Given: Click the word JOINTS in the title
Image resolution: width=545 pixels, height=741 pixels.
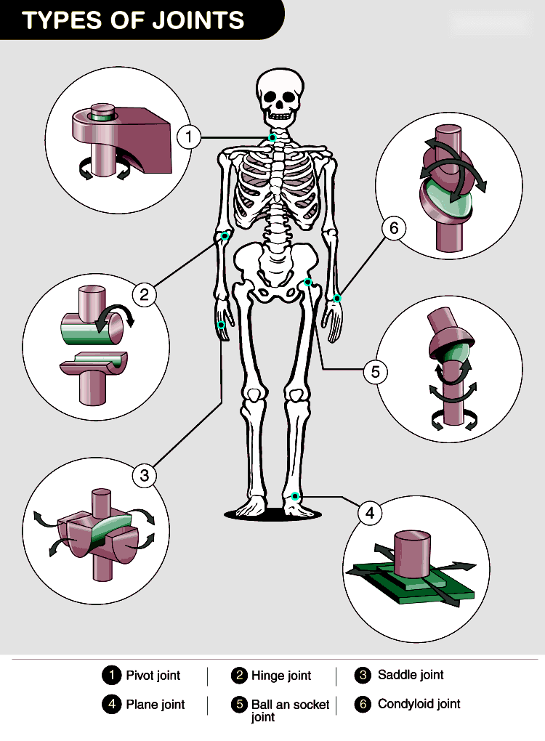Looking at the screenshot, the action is coord(198,20).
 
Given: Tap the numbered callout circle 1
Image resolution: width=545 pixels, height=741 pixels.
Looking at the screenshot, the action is coord(189,137).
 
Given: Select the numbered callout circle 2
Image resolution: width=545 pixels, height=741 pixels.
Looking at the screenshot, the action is coord(144,295).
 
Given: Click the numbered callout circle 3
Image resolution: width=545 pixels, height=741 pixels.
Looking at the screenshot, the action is coord(144,475).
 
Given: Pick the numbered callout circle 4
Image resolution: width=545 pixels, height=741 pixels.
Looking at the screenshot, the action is coord(370,513).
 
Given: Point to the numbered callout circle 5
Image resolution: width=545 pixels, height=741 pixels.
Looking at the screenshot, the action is coord(375,372).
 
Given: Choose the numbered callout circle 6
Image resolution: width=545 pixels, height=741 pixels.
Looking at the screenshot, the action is coord(394,228).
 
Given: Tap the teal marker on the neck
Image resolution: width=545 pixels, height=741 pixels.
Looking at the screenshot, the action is coord(272,137).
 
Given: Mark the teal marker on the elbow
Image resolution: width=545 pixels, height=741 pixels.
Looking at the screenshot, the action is coord(225,236).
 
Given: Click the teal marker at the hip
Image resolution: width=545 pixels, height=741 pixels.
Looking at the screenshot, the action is coord(307,282).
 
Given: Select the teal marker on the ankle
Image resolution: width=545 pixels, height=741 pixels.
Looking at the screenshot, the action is coord(295,496).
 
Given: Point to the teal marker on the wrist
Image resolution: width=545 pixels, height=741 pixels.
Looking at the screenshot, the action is coord(337,298).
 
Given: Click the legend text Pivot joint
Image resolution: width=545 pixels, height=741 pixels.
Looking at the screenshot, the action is coord(153,676).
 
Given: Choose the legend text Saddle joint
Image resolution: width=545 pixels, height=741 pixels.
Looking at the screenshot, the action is coord(411,675).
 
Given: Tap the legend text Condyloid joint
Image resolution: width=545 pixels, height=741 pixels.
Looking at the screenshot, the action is coord(419,704).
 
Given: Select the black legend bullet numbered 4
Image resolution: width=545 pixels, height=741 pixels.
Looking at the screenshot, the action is coord(112,704).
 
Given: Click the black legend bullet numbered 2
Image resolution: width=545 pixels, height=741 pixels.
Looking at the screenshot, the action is coord(240,676).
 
